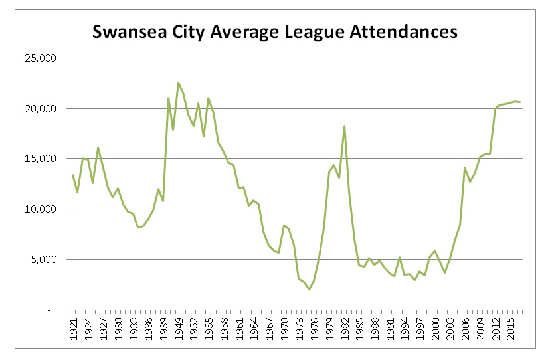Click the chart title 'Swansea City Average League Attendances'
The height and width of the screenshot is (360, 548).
(x=274, y=31)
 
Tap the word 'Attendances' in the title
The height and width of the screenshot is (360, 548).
(x=406, y=31)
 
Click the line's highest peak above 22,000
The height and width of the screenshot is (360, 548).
(x=178, y=82)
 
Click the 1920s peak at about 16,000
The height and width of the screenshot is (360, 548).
(x=98, y=148)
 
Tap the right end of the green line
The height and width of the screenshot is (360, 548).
(x=521, y=102)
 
